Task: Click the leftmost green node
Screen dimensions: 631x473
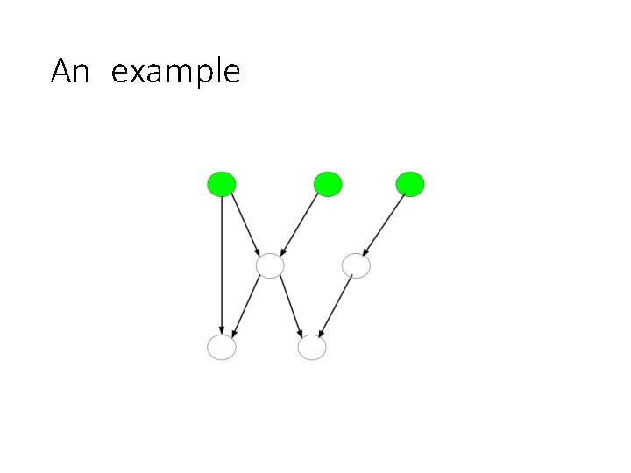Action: (x=221, y=184)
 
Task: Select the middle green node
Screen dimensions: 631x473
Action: (x=327, y=184)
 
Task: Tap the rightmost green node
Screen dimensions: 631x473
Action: (x=410, y=184)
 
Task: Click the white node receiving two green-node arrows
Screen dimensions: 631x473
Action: (x=270, y=265)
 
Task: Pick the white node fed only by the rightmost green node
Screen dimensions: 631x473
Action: (x=356, y=265)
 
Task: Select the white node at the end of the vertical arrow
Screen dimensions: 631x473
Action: (x=222, y=348)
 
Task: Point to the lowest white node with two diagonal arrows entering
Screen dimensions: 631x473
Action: (x=311, y=348)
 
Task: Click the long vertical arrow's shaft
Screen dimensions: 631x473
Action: (x=222, y=263)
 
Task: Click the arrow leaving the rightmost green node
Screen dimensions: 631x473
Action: (x=384, y=222)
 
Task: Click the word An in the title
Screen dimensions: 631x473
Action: (x=70, y=71)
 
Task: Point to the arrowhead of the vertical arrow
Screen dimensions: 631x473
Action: (x=222, y=329)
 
